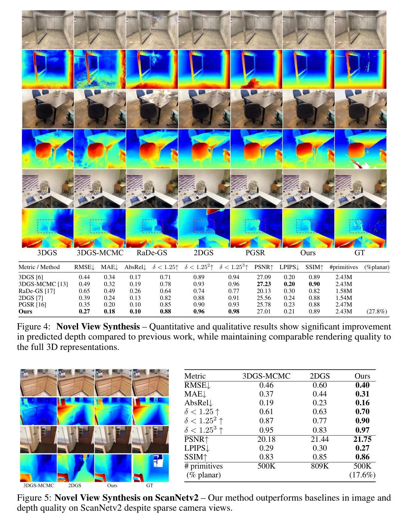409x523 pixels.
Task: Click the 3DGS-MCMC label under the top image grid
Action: (100, 253)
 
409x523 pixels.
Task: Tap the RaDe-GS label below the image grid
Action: (152, 253)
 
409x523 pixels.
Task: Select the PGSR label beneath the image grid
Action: (256, 253)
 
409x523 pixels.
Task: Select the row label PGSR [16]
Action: (31, 305)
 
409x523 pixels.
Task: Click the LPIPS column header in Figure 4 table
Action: (289, 267)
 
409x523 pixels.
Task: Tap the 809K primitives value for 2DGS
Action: (320, 466)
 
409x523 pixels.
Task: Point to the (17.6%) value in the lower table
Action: (362, 475)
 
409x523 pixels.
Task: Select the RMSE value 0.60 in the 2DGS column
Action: (320, 385)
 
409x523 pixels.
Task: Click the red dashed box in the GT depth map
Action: (360, 226)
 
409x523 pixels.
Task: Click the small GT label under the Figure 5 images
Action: (150, 486)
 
